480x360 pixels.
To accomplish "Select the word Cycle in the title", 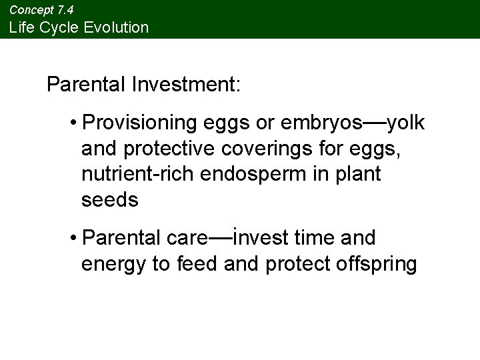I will tap(57, 27).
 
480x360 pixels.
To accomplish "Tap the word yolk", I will tap(405, 123).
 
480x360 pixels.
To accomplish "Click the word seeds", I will tap(110, 199).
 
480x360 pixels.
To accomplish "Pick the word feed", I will tap(199, 263).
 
